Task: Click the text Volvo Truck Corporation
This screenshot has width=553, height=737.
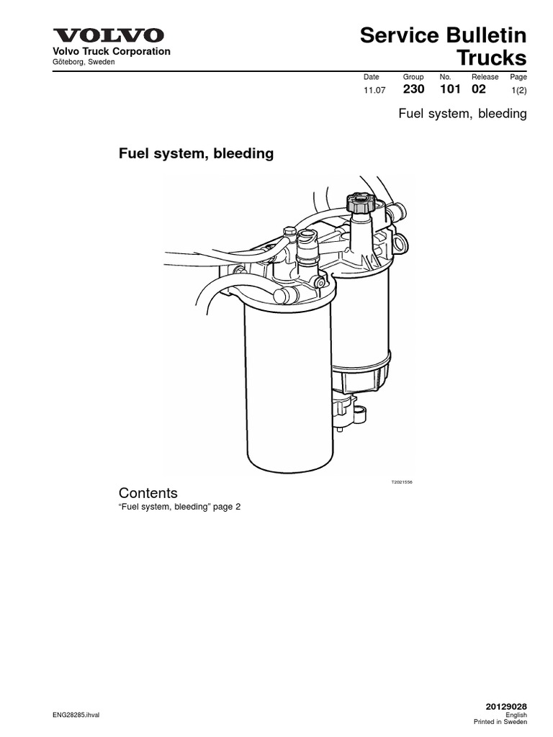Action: point(108,52)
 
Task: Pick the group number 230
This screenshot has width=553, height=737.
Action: point(413,90)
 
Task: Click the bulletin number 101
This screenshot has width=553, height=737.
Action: point(449,90)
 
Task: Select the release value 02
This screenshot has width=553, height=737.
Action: point(478,90)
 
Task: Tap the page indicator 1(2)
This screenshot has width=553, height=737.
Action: point(518,91)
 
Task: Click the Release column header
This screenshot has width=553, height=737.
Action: point(485,77)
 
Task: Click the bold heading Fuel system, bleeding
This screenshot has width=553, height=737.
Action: point(196,153)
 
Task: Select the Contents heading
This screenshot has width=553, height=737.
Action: point(148,493)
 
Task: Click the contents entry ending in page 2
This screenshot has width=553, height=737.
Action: point(179,507)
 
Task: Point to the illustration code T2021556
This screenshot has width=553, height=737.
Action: point(401,484)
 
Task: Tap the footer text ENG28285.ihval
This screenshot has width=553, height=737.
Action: point(77,715)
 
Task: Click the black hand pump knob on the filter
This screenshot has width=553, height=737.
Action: point(358,202)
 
